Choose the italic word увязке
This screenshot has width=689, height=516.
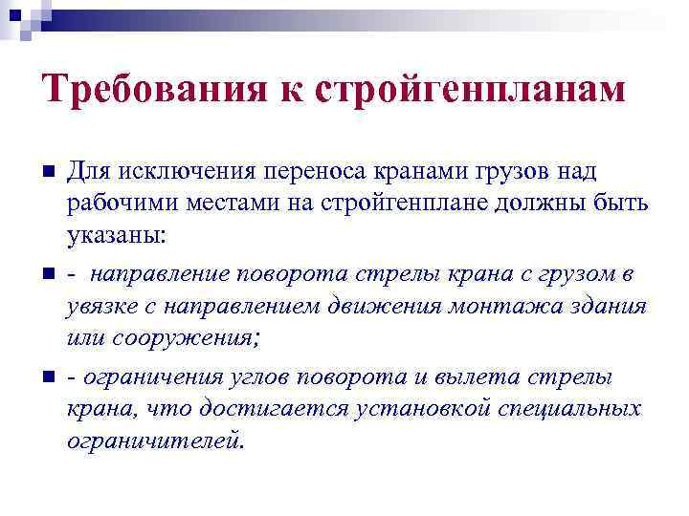coord(100,308)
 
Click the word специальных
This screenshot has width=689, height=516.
coord(570,410)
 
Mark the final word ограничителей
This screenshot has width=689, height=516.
coord(155,441)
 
